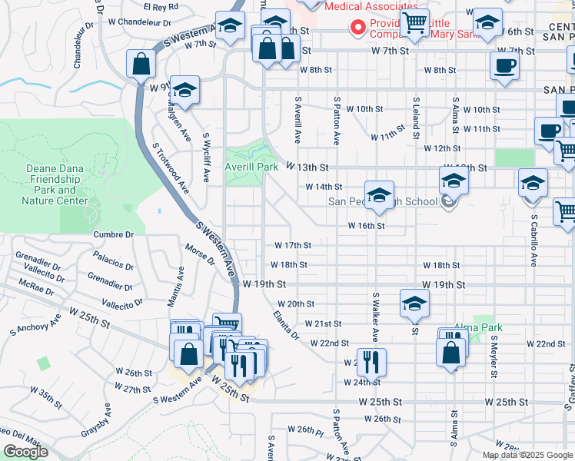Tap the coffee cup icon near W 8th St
504,66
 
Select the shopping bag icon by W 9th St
141,65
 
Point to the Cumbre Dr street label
113,234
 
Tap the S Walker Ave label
376,317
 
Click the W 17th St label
293,246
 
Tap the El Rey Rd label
165,6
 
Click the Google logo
25,452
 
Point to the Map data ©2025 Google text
527,454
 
